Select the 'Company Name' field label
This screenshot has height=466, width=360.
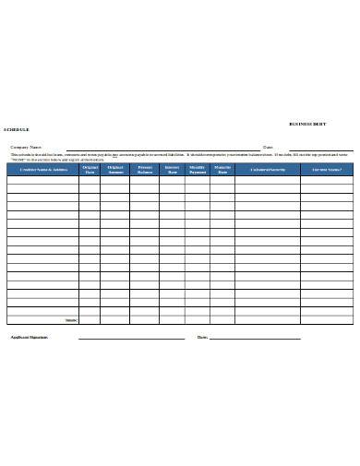click(x=26, y=147)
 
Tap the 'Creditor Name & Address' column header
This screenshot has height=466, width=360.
click(x=42, y=170)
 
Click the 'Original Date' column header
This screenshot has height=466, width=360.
click(x=90, y=170)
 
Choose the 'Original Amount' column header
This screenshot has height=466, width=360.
click(x=115, y=170)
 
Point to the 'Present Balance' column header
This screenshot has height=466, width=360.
click(x=144, y=170)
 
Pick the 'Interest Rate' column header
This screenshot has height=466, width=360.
click(x=172, y=170)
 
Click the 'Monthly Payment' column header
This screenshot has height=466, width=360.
click(x=197, y=170)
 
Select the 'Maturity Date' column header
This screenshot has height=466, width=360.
click(x=222, y=170)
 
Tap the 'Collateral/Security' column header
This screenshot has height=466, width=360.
click(x=267, y=170)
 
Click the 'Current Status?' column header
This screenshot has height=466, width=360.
click(x=327, y=170)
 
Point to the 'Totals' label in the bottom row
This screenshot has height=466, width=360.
click(x=70, y=319)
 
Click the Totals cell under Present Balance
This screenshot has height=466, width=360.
click(x=144, y=319)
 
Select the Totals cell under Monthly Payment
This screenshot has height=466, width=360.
click(x=197, y=319)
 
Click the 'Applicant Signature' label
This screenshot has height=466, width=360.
click(x=29, y=338)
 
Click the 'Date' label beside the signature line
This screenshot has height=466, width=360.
click(x=202, y=338)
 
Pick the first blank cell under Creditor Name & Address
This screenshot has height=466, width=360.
click(x=42, y=181)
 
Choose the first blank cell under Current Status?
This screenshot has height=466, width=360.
click(x=327, y=181)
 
